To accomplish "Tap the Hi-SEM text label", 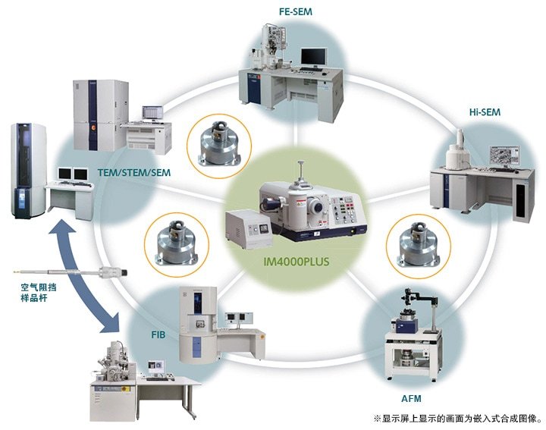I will click(x=485, y=112).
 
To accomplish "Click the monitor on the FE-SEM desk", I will click(x=313, y=57).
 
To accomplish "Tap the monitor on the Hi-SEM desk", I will click(x=496, y=157).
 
